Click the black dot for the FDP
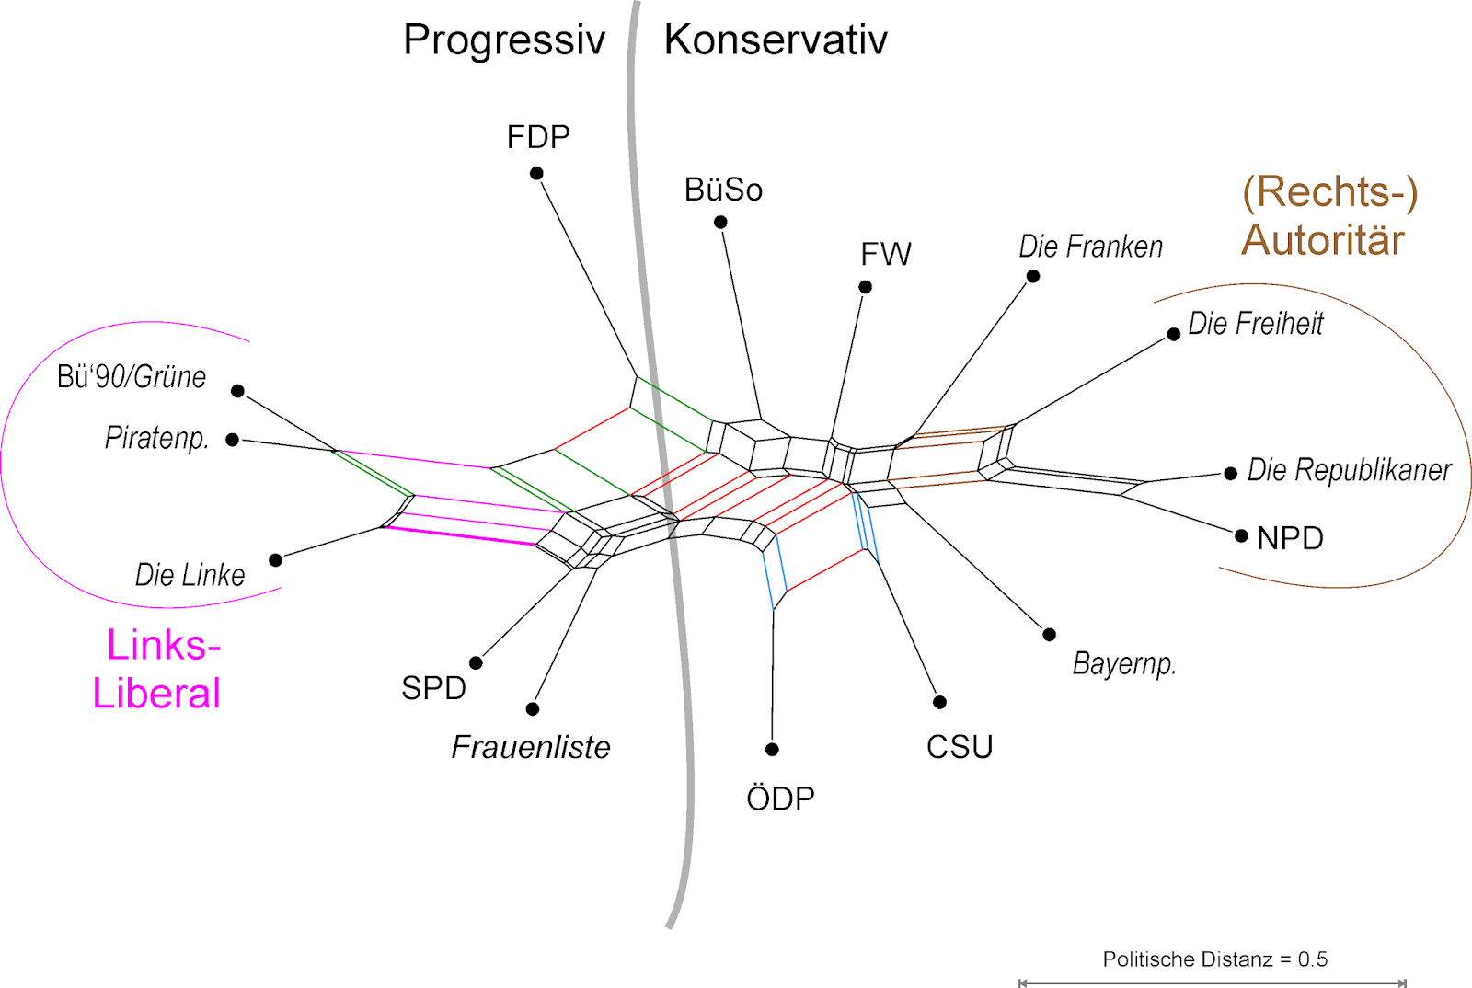pyautogui.click(x=536, y=173)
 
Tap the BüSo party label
pyautogui.click(x=723, y=190)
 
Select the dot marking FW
pyautogui.click(x=865, y=287)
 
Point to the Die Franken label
pyautogui.click(x=1090, y=247)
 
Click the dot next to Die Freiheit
pyautogui.click(x=1174, y=334)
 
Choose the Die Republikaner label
pyautogui.click(x=1349, y=470)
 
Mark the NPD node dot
pyautogui.click(x=1241, y=535)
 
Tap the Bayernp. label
pyautogui.click(x=1124, y=663)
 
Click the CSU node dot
pyautogui.click(x=939, y=702)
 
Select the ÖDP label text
pyautogui.click(x=780, y=798)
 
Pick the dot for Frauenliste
pyautogui.click(x=533, y=708)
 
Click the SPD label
pyautogui.click(x=433, y=688)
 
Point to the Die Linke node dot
pyautogui.click(x=275, y=559)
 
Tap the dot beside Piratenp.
pyautogui.click(x=233, y=440)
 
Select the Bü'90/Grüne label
pyautogui.click(x=132, y=376)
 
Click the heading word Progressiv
pyautogui.click(x=504, y=40)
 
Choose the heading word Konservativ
pyautogui.click(x=776, y=40)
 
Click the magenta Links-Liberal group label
pyautogui.click(x=157, y=669)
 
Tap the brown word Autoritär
pyautogui.click(x=1323, y=240)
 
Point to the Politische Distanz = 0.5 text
pyautogui.click(x=1214, y=959)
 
